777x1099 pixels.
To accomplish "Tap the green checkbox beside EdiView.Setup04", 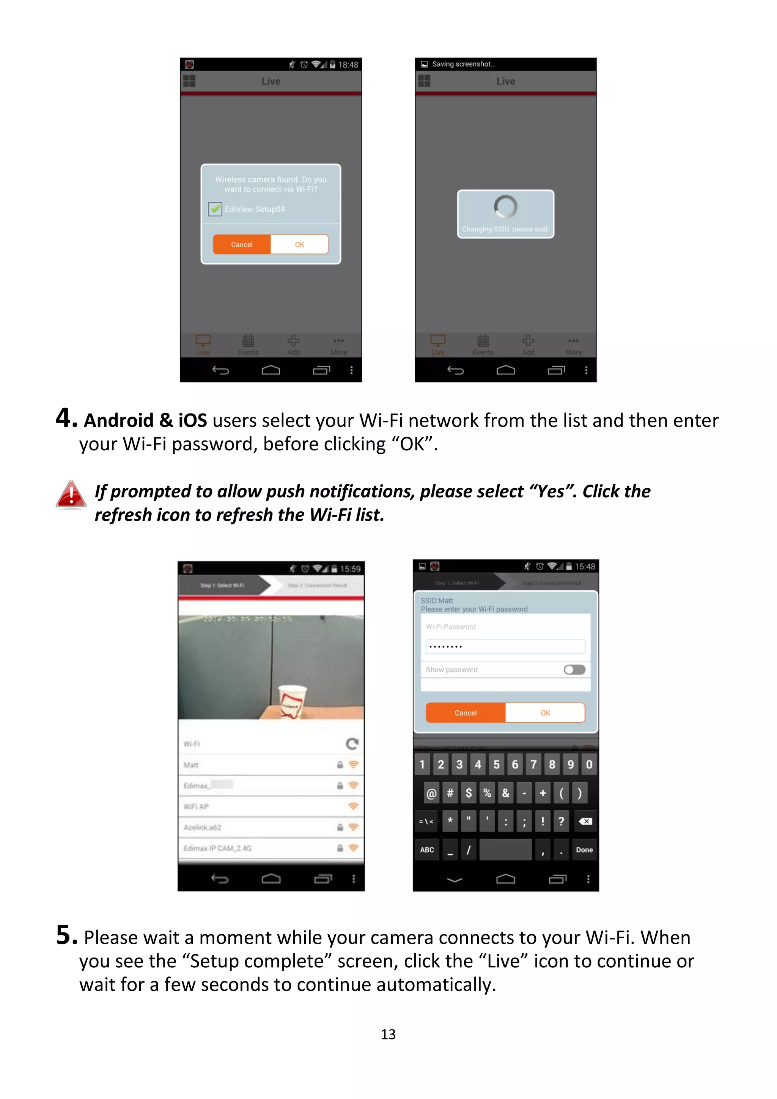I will (x=215, y=209).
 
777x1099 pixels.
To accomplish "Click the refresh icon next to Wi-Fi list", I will (x=352, y=744).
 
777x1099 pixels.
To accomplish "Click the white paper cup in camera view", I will (x=291, y=701).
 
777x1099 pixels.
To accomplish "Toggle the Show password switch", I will (x=574, y=669).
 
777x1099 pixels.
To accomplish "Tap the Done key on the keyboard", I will (x=584, y=850).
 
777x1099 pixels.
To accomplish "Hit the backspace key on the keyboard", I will (x=585, y=821).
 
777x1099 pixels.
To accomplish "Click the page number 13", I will (x=388, y=1035).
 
